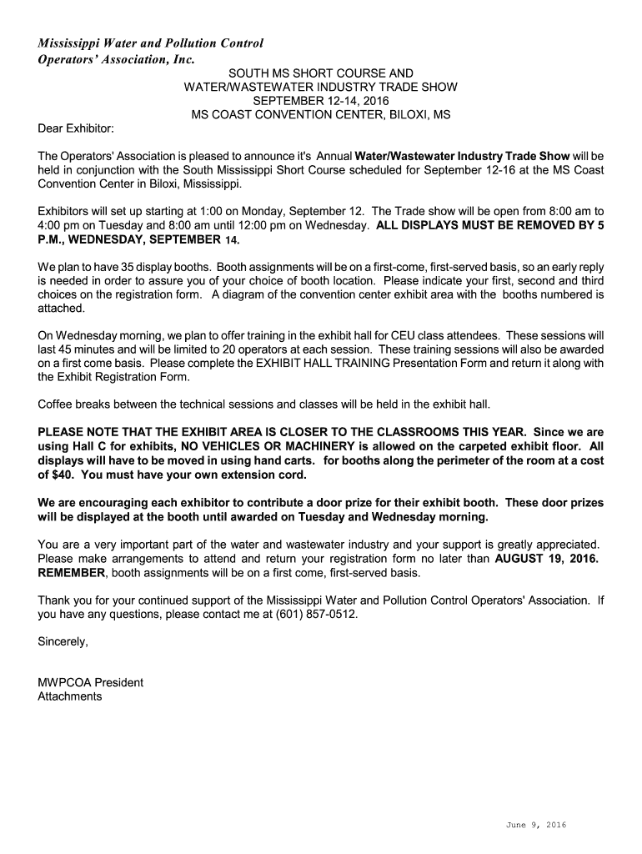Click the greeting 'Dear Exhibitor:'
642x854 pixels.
point(76,129)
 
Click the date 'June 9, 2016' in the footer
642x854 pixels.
point(536,825)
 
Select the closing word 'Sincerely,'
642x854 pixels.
point(63,641)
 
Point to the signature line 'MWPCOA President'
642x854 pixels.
point(90,682)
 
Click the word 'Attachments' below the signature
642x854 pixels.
point(70,696)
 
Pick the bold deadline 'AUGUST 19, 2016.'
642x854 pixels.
point(546,559)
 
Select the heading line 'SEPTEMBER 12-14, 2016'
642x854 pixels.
point(321,101)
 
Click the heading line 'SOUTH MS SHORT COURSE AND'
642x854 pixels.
point(321,73)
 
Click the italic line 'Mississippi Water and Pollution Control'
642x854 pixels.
point(150,43)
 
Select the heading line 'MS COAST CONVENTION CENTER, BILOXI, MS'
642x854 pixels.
point(321,115)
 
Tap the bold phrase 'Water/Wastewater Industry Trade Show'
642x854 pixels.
point(463,156)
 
